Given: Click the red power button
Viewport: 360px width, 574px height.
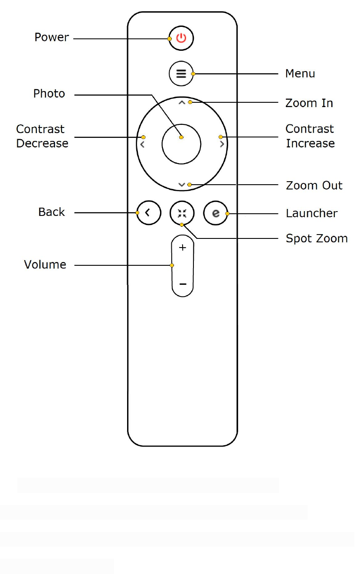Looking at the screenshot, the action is tap(181, 38).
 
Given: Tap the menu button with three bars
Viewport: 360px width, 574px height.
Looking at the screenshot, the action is tap(181, 74).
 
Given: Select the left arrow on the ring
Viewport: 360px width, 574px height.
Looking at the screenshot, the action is tap(143, 144).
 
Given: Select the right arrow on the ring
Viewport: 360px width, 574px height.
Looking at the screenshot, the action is tap(222, 144).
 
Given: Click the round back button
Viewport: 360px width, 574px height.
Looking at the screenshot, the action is tap(149, 213).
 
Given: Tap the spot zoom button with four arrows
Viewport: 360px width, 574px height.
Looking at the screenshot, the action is tap(182, 213).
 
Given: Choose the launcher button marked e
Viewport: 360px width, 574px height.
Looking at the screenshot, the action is tap(216, 213).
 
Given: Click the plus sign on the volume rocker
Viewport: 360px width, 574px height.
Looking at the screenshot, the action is tap(183, 248).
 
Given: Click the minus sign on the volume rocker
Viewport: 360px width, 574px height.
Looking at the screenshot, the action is tap(183, 284).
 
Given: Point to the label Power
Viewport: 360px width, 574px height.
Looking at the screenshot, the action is tap(52, 37).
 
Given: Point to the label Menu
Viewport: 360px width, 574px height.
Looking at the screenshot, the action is tap(300, 74).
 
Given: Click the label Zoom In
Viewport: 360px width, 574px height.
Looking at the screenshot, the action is tap(309, 103).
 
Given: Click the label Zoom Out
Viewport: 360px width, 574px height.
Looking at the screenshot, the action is tap(314, 186).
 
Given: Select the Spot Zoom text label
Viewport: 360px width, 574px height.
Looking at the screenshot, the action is tap(317, 239).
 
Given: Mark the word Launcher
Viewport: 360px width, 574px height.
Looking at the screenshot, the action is tap(312, 213).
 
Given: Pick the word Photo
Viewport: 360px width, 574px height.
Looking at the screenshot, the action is tap(49, 94).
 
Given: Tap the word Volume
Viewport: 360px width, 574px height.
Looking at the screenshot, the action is tap(45, 265).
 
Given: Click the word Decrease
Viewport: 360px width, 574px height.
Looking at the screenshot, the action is tap(43, 143).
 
